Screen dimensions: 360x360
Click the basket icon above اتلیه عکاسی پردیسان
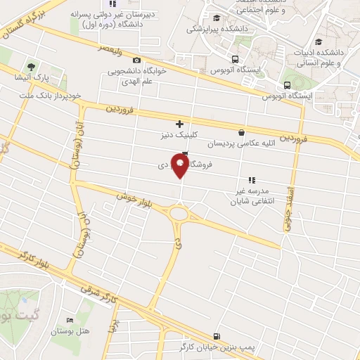[x=242, y=132]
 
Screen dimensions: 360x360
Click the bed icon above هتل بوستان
[x=68, y=320]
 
